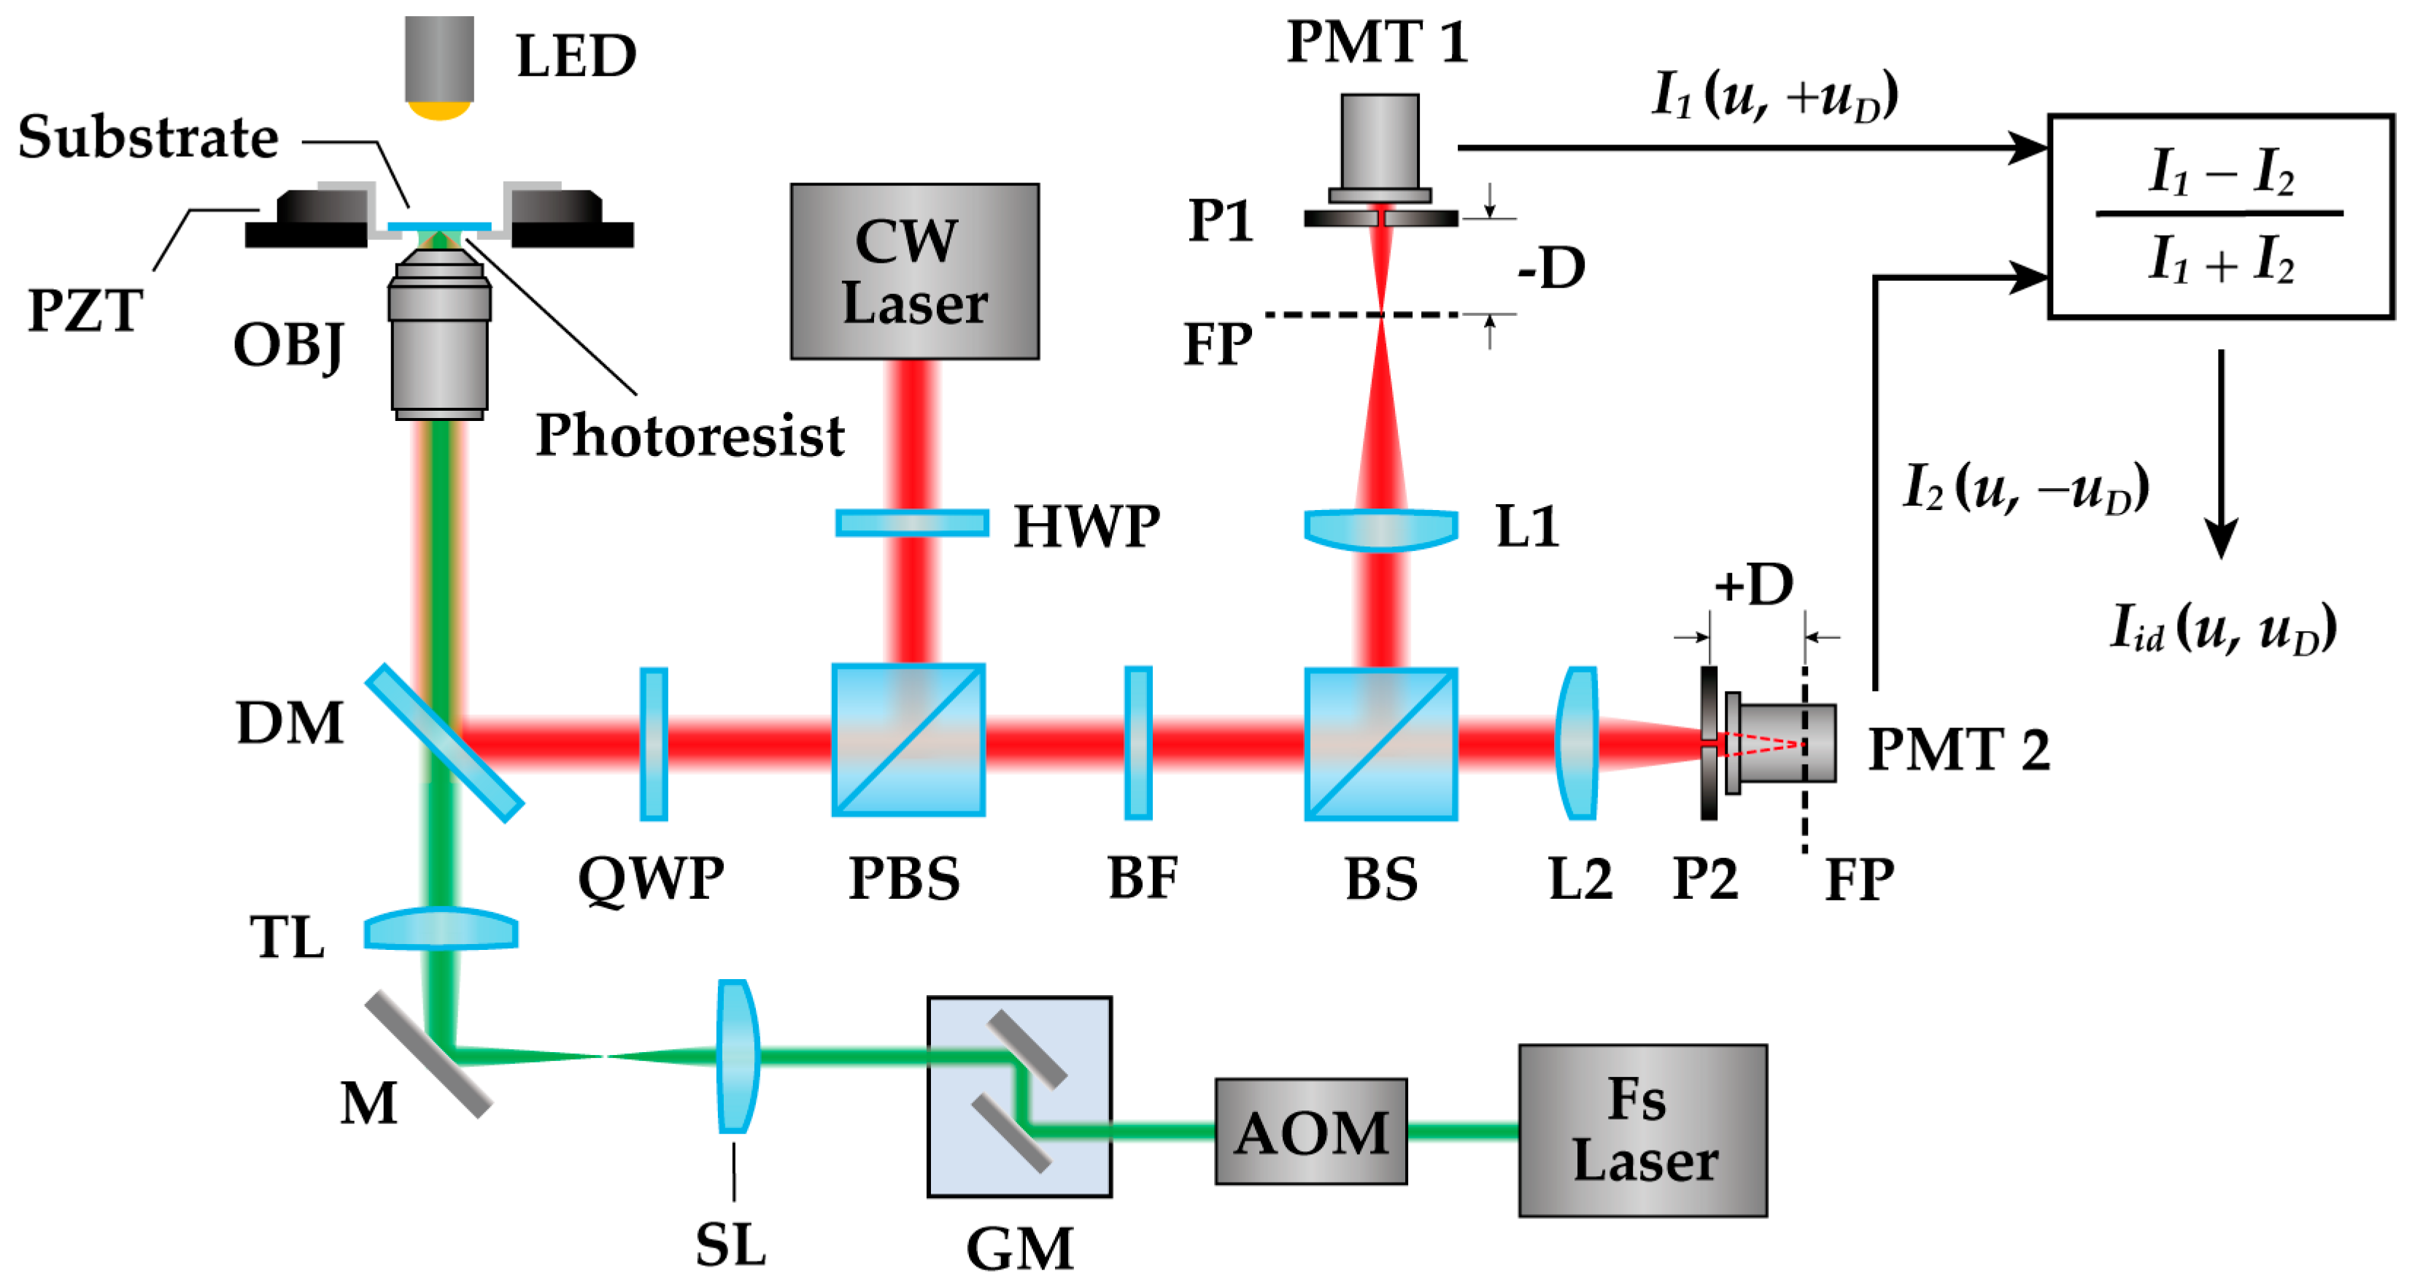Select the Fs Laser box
pyautogui.click(x=1642, y=1129)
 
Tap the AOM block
pyautogui.click(x=1310, y=1132)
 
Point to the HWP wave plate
pyautogui.click(x=911, y=522)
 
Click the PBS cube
pyautogui.click(x=908, y=741)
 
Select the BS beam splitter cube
pyautogui.click(x=1381, y=743)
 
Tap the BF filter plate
pyautogui.click(x=1138, y=743)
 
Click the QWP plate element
pyautogui.click(x=654, y=743)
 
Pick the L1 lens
pyautogui.click(x=1381, y=527)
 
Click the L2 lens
pyautogui.click(x=1578, y=743)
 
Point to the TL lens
pyautogui.click(x=441, y=929)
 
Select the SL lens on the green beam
pyautogui.click(x=737, y=1056)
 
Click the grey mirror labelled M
pyautogui.click(x=428, y=1054)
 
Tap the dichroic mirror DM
pyautogui.click(x=444, y=743)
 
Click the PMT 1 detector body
pyautogui.click(x=1379, y=145)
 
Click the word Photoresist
pyautogui.click(x=689, y=436)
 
